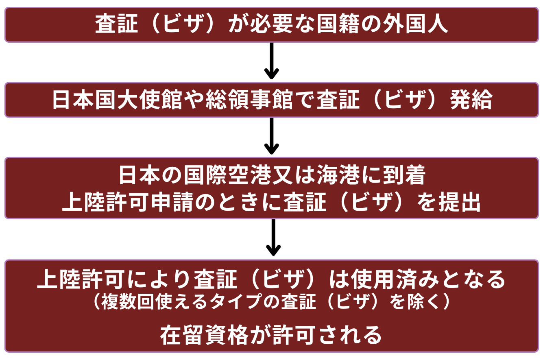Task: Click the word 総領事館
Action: click(251, 100)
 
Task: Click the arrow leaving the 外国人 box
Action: click(271, 61)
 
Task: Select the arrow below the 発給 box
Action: click(271, 136)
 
